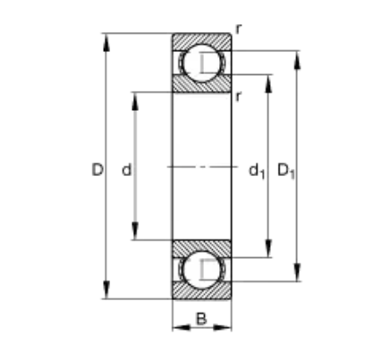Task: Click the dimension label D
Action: (x=97, y=170)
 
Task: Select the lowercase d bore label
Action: (x=127, y=170)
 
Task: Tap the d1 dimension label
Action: (x=257, y=172)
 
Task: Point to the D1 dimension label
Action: (x=286, y=171)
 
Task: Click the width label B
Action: (x=201, y=319)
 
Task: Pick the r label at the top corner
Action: (x=238, y=29)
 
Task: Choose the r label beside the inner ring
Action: (x=238, y=96)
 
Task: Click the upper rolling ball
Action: (x=201, y=63)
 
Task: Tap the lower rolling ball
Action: (x=201, y=270)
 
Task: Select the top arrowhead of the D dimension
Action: (x=106, y=43)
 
